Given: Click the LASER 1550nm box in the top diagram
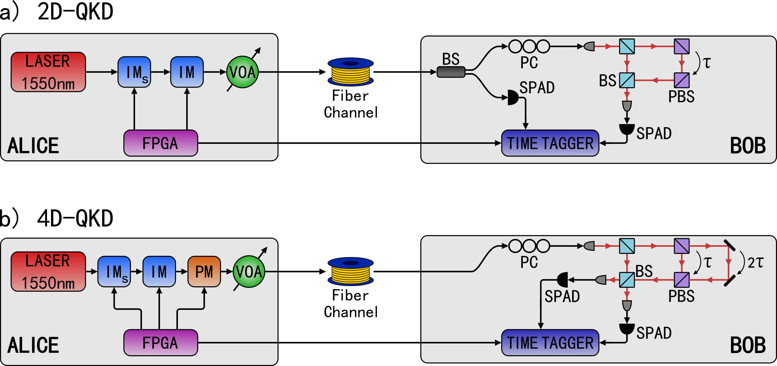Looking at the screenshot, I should (x=48, y=72).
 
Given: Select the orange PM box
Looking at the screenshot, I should (x=204, y=272).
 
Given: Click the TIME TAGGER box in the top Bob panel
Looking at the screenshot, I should (x=550, y=143).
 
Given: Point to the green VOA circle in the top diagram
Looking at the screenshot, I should (x=243, y=72).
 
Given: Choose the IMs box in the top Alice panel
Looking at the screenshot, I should (x=134, y=72).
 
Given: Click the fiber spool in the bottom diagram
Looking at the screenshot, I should (x=350, y=272).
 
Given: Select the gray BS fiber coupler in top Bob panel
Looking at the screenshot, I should (x=451, y=72).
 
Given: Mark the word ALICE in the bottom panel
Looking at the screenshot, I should (x=33, y=345).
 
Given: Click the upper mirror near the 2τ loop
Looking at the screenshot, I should (x=729, y=245).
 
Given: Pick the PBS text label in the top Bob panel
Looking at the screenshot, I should (x=681, y=97).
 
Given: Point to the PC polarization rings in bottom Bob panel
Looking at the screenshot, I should (x=529, y=246).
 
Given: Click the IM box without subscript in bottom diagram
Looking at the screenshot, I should (x=159, y=272).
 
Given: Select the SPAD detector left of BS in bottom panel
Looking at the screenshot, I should (x=562, y=280).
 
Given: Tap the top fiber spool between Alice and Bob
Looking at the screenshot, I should (x=350, y=72).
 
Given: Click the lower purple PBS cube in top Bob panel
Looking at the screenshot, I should (x=681, y=80).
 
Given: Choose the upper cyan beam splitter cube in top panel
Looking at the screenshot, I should (x=627, y=46).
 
